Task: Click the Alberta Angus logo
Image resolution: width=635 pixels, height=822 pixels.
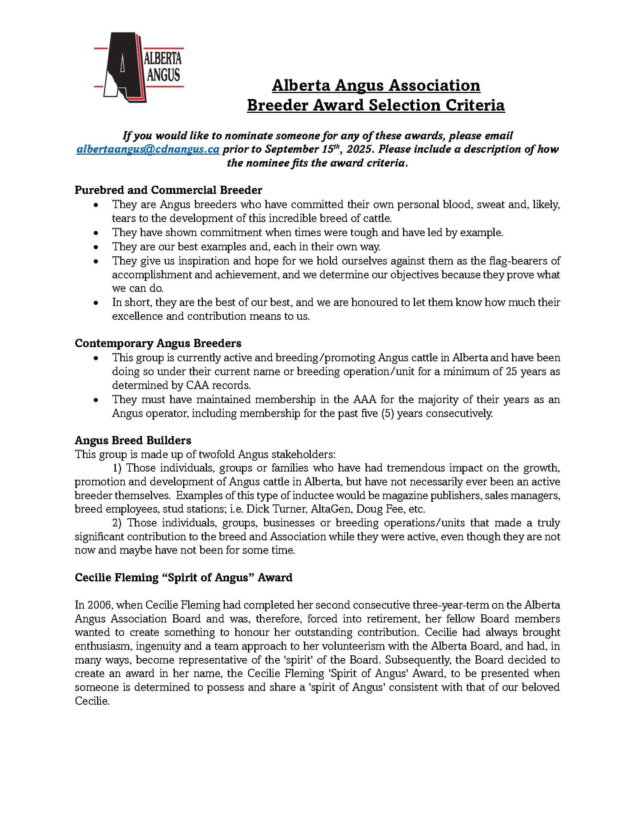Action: click(x=138, y=67)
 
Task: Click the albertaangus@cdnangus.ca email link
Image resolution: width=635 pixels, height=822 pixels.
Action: click(x=148, y=149)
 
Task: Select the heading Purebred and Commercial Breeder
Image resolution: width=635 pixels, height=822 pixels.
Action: click(x=168, y=190)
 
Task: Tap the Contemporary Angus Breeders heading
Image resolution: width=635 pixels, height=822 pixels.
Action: click(x=158, y=343)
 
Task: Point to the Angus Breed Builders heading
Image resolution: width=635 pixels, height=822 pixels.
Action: click(x=133, y=441)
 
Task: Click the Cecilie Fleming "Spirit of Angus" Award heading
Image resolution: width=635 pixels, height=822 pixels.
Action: click(x=183, y=577)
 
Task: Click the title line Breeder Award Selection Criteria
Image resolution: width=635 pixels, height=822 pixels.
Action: click(x=375, y=105)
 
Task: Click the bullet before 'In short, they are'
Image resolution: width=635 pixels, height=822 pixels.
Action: click(x=97, y=303)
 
